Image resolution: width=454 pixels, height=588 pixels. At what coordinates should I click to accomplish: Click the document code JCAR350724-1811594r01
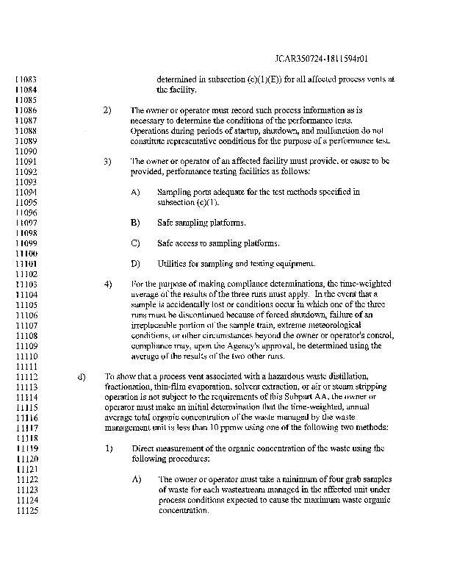(320, 56)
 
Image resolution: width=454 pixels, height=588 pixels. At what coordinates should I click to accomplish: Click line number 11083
(26, 79)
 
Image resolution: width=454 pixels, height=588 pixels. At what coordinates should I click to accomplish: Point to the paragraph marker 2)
(107, 110)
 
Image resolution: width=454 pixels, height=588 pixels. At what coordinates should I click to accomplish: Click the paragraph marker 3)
(107, 161)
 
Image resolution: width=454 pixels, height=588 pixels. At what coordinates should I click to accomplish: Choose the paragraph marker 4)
(107, 284)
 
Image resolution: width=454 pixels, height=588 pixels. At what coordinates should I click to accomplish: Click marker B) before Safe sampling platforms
(135, 222)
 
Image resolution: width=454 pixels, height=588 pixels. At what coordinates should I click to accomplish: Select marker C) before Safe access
(135, 243)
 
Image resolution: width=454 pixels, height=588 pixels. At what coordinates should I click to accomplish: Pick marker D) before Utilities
(135, 263)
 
